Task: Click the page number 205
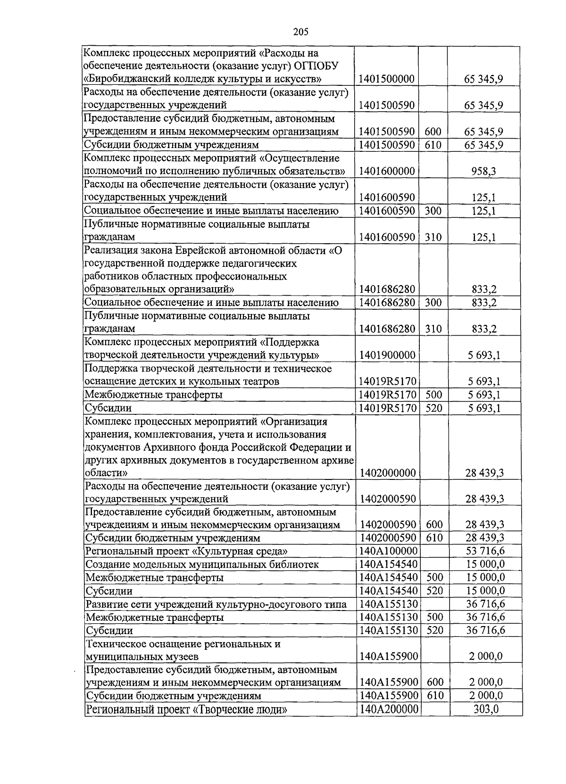click(300, 32)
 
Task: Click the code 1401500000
click(386, 79)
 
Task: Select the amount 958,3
click(483, 171)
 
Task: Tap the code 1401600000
click(386, 171)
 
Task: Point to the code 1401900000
click(387, 355)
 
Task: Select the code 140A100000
click(388, 551)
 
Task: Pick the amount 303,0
click(486, 710)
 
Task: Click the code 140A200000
click(388, 710)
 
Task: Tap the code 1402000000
click(388, 473)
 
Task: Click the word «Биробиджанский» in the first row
click(123, 78)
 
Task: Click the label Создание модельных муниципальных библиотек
click(202, 564)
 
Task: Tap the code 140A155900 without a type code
click(388, 656)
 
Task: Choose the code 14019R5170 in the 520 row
click(387, 408)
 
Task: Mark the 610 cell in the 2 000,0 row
click(434, 696)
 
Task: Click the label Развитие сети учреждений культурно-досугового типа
click(216, 604)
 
